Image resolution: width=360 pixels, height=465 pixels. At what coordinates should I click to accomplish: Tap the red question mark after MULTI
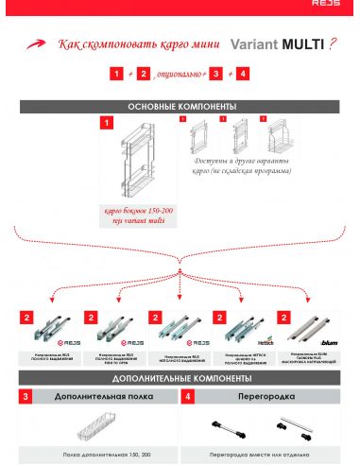334,44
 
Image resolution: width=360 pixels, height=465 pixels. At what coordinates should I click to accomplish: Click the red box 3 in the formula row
216,73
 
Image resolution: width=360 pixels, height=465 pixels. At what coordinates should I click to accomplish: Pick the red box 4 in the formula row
243,73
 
